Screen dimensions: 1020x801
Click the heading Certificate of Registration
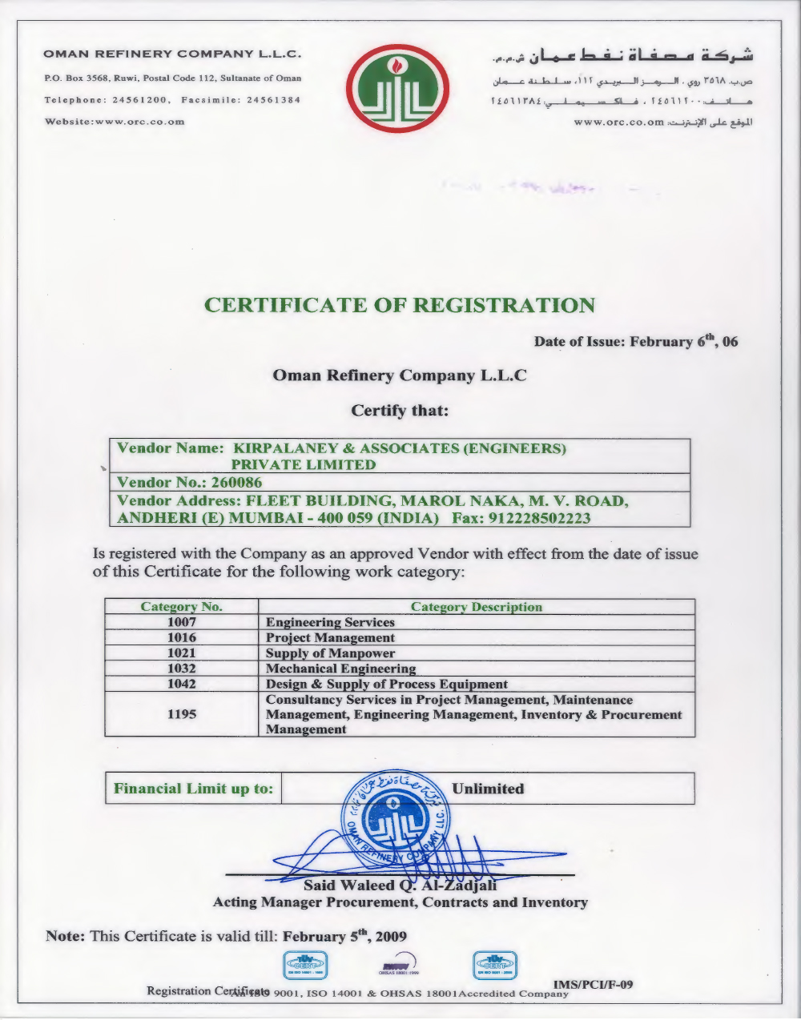tap(400, 305)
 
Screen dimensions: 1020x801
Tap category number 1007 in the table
tap(182, 622)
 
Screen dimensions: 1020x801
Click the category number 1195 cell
tap(182, 714)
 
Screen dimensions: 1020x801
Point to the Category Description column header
tap(476, 607)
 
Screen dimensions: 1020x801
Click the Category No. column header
tap(182, 607)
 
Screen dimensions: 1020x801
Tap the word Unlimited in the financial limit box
tap(487, 789)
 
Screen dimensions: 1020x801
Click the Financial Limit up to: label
tap(193, 789)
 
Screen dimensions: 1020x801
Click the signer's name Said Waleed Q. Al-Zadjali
tap(400, 885)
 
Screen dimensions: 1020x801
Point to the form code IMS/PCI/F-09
tap(593, 984)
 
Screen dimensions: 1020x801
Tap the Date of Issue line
tap(636, 342)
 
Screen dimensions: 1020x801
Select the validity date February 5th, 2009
tap(345, 936)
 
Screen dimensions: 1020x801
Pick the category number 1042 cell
tap(182, 684)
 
